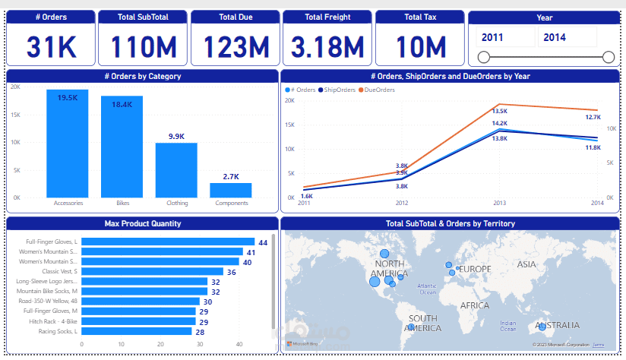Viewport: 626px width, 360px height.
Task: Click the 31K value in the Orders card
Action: pos(51,47)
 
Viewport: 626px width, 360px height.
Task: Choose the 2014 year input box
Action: pos(567,36)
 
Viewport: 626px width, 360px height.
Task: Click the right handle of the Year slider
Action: pos(608,57)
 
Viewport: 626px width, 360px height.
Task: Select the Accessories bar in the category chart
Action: pos(68,144)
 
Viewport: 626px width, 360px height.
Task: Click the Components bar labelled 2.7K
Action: pos(231,190)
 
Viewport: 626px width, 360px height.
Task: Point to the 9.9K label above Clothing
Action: pos(176,137)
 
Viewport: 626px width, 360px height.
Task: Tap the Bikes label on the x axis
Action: pos(122,204)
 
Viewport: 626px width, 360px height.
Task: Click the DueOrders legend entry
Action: pos(378,90)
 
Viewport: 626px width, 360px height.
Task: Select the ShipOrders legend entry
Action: pos(339,90)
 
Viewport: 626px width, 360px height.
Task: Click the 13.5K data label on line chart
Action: pos(499,112)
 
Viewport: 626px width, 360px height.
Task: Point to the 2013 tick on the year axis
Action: pos(499,204)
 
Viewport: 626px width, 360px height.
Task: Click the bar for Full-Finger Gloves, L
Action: pos(167,242)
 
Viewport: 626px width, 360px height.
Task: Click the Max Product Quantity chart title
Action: pos(142,223)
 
